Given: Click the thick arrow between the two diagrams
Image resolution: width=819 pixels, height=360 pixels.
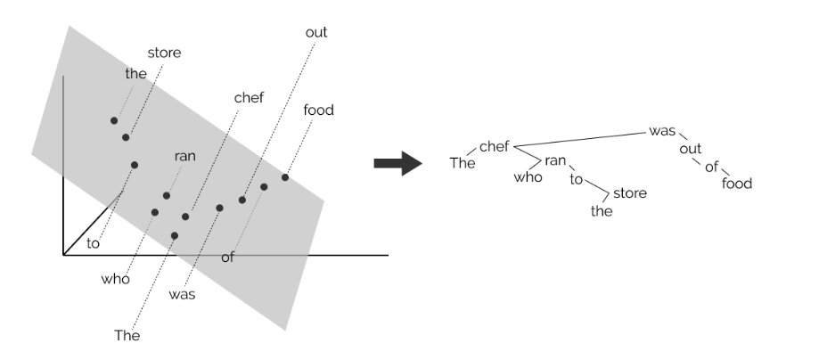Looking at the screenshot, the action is pyautogui.click(x=397, y=163).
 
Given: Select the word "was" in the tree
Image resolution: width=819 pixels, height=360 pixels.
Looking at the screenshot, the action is pyautogui.click(x=662, y=131).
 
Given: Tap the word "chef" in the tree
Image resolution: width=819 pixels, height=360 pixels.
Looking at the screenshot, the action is pyautogui.click(x=494, y=146).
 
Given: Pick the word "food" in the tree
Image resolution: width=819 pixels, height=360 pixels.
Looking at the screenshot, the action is pyautogui.click(x=737, y=184).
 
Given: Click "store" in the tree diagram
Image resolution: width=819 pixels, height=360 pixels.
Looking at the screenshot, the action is pyautogui.click(x=630, y=192).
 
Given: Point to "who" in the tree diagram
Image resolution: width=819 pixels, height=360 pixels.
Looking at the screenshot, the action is pyautogui.click(x=528, y=176).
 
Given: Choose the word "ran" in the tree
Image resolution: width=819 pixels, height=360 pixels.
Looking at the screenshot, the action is pyautogui.click(x=556, y=160).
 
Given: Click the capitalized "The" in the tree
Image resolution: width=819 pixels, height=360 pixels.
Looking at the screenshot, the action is pyautogui.click(x=463, y=162).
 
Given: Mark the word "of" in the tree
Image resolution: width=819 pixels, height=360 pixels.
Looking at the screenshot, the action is pyautogui.click(x=711, y=167).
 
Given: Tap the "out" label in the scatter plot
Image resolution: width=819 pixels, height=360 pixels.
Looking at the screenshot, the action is pyautogui.click(x=316, y=32).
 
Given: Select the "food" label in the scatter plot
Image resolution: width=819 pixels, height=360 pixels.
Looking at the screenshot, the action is pyautogui.click(x=318, y=110).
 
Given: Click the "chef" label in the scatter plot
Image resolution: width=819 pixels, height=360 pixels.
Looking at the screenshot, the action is pyautogui.click(x=249, y=97).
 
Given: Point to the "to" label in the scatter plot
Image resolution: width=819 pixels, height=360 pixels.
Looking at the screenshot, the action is pyautogui.click(x=94, y=242).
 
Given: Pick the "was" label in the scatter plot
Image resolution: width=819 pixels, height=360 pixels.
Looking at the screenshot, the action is pyautogui.click(x=182, y=293).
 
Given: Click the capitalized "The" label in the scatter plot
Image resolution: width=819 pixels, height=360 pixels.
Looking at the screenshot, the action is pyautogui.click(x=127, y=336).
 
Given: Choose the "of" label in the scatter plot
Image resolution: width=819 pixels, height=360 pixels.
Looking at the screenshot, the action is pyautogui.click(x=227, y=258).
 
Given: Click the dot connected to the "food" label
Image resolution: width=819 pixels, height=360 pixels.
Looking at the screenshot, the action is pyautogui.click(x=285, y=177).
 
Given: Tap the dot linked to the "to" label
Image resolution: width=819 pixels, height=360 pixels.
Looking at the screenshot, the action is pyautogui.click(x=135, y=165).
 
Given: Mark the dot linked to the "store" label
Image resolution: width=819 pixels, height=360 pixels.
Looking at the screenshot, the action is pyautogui.click(x=126, y=137).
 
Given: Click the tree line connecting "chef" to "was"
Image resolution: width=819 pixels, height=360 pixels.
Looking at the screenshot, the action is pyautogui.click(x=584, y=138).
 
